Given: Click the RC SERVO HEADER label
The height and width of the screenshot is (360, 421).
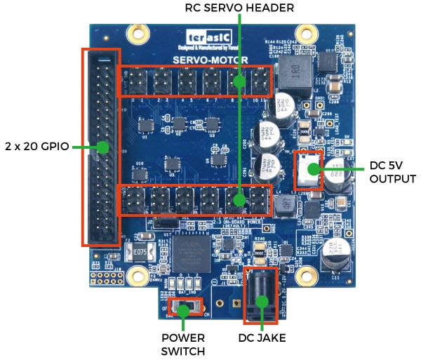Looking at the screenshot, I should click(x=239, y=8).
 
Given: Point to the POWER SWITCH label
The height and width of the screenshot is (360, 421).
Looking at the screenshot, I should click(x=185, y=344).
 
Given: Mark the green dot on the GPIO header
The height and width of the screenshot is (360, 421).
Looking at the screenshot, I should click(x=102, y=147).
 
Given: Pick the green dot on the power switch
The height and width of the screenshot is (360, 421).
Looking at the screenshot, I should click(x=184, y=309).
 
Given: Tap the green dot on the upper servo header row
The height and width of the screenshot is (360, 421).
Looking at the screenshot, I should click(x=239, y=81).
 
